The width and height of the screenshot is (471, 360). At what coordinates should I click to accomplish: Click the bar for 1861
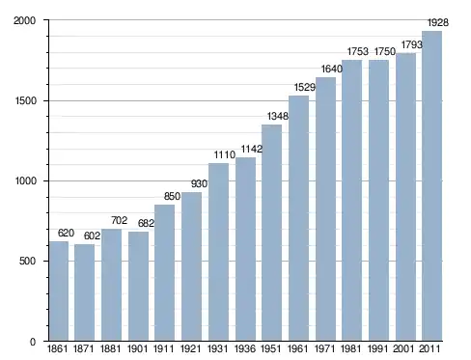tap(59, 291)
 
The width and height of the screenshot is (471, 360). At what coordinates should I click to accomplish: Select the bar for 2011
tap(431, 186)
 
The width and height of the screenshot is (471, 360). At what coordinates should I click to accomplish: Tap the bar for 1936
tap(245, 249)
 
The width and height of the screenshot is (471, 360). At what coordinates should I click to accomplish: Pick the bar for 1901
tap(138, 287)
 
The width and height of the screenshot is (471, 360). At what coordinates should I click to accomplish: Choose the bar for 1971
tap(325, 209)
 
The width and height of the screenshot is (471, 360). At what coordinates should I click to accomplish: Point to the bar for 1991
tap(378, 201)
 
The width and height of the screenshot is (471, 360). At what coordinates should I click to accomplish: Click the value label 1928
tap(437, 22)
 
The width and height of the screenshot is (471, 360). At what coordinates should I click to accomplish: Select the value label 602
tap(92, 235)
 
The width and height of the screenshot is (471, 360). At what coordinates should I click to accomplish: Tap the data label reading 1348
tap(278, 116)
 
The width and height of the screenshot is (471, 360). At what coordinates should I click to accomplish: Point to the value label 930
tap(199, 183)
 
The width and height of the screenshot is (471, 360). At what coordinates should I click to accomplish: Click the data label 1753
tap(358, 51)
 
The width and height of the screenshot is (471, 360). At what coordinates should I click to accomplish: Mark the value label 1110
tap(225, 154)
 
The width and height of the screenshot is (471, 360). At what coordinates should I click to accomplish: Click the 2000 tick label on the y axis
tap(24, 20)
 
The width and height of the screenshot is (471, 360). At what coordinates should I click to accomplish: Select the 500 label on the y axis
tap(27, 261)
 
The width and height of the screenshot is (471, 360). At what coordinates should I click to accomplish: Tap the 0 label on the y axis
tap(33, 342)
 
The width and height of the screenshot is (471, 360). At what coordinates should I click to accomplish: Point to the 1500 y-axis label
tap(25, 100)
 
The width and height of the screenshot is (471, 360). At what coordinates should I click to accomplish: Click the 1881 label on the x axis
tap(110, 348)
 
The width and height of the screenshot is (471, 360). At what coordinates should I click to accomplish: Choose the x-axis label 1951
tap(271, 348)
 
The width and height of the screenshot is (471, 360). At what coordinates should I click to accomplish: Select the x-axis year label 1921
tap(190, 348)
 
